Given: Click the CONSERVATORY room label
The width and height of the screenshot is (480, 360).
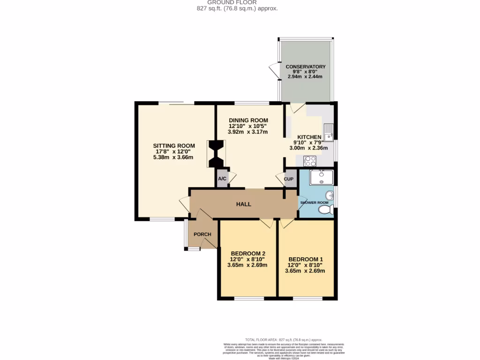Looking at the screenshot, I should (x=305, y=67).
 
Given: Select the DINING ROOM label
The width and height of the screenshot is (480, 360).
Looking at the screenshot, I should (x=248, y=120).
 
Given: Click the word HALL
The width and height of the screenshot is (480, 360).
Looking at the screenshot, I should (x=244, y=204).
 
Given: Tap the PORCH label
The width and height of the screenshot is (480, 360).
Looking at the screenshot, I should (x=202, y=234).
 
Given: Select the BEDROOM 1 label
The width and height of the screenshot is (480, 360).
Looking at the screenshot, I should (x=306, y=259).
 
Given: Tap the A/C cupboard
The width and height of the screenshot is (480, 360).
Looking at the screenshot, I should (x=222, y=179).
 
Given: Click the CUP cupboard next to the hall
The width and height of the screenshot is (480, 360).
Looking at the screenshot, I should (x=289, y=180).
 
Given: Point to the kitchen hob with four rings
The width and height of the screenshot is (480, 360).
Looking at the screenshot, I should (x=310, y=161).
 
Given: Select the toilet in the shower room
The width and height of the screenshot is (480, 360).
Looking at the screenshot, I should (x=326, y=210).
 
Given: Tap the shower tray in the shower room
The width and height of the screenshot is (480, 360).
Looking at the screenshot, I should (x=322, y=178).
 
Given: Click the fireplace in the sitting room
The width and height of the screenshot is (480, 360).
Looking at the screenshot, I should (x=216, y=154).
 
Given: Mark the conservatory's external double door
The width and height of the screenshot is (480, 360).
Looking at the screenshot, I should (x=274, y=72).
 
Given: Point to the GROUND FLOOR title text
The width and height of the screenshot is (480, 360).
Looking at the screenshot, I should (x=239, y=2).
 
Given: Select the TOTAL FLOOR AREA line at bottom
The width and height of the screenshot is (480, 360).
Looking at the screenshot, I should (x=284, y=339).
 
